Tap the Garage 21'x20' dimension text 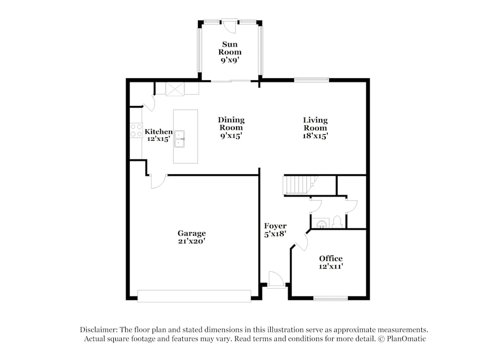click(x=192, y=241)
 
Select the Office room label click(x=331, y=258)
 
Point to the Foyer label click(x=275, y=226)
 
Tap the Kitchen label click(x=158, y=132)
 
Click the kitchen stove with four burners click(x=136, y=130)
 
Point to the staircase click(x=298, y=185)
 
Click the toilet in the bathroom click(x=337, y=221)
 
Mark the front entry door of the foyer click(x=276, y=279)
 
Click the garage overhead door click(x=194, y=296)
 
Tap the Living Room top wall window click(x=311, y=79)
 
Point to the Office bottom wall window click(x=331, y=298)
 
